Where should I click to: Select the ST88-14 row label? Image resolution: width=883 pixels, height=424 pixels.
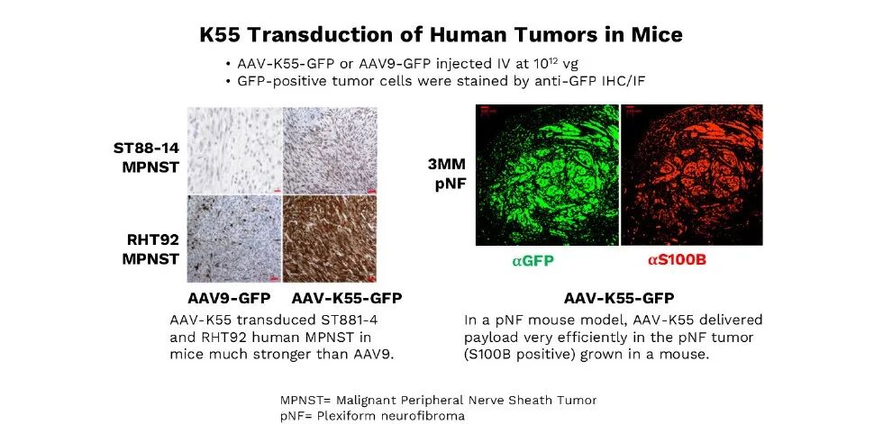tap(146, 158)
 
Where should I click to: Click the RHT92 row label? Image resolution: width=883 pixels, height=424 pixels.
tap(151, 249)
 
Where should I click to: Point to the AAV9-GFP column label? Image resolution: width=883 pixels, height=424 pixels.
tap(229, 298)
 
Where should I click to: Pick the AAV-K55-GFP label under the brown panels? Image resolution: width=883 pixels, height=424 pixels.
tap(347, 298)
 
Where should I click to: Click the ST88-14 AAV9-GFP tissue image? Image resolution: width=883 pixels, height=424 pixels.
tap(234, 150)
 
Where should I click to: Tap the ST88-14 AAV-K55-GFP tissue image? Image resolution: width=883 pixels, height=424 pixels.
tap(330, 150)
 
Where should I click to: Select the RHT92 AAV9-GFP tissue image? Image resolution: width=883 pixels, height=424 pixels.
tap(234, 239)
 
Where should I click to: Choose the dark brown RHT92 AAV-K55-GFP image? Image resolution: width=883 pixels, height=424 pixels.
tap(330, 239)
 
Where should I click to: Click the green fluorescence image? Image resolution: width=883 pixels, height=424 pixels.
tap(548, 175)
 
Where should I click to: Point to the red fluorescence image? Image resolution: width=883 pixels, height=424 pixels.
tap(692, 175)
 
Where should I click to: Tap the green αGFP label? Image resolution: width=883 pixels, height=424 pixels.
tap(533, 260)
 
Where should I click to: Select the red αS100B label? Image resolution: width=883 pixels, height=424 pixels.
tap(677, 260)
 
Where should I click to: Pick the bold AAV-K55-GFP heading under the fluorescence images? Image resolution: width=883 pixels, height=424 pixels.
tap(619, 298)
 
